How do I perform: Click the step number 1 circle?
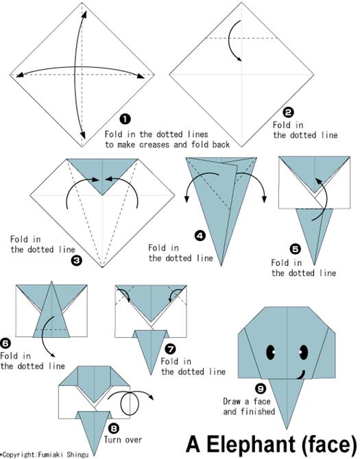coord(125,119)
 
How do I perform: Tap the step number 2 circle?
coord(288,112)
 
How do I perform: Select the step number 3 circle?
coord(77,260)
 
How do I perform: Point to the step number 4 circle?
coord(200,236)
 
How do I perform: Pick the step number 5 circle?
coord(295,249)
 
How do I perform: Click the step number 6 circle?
coord(5,343)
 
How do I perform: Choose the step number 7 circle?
coord(171,349)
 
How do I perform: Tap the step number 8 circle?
coord(114,429)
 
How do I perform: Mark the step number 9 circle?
coord(261,388)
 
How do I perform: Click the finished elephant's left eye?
coord(271,352)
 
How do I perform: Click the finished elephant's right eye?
coord(304,352)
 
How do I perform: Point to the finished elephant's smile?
coord(301,375)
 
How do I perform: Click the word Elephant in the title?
coord(252,445)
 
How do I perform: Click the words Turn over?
coord(123,440)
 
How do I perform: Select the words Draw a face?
coord(247,401)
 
